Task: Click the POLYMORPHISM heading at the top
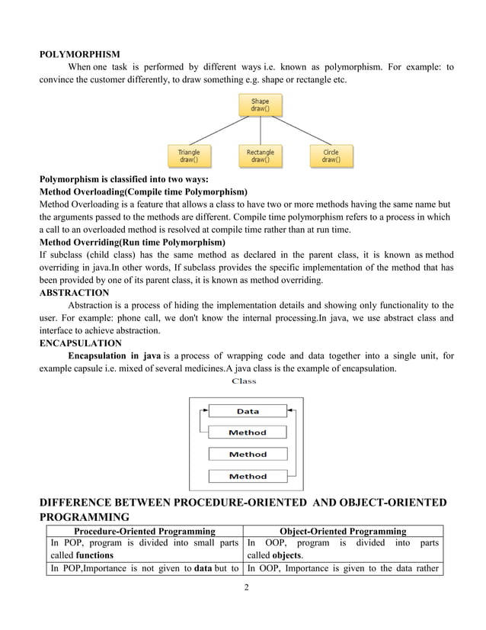pos(79,54)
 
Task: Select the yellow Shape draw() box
pos(260,104)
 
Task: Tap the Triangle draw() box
pos(189,156)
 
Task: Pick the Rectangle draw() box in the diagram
pos(260,156)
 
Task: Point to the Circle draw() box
pos(331,156)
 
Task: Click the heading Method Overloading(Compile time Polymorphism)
pos(143,191)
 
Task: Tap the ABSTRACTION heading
pos(74,292)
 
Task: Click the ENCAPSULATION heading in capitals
pos(78,343)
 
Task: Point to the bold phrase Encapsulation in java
pos(114,355)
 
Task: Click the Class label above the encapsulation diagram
pos(244,381)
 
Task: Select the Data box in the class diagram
pos(248,411)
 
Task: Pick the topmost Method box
pos(248,432)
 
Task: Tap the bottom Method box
pos(248,476)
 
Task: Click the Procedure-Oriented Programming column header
pos(144,530)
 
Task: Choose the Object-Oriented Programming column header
pos(343,530)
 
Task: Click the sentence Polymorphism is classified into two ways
pos(123,179)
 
